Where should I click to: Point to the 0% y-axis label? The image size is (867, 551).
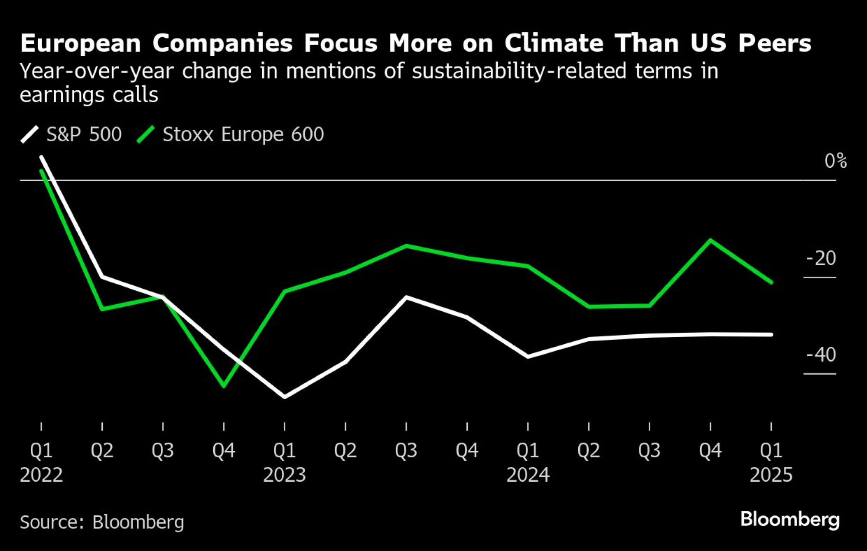click(x=835, y=161)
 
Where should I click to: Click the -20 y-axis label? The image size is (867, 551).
click(x=821, y=258)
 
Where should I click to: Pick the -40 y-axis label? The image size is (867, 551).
click(x=821, y=355)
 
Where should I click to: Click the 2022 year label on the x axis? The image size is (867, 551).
click(x=42, y=475)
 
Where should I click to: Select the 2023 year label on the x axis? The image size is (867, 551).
click(x=284, y=475)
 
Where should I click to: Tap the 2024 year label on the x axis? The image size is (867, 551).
click(x=528, y=475)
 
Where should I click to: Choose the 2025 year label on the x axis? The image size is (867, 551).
click(x=771, y=475)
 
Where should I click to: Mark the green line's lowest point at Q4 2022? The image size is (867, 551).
click(x=224, y=386)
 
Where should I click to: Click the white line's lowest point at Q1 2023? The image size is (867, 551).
click(x=284, y=397)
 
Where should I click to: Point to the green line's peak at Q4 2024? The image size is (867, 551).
click(x=710, y=240)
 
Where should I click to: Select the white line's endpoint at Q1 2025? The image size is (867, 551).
click(x=771, y=334)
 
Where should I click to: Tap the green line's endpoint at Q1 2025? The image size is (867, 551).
click(x=771, y=282)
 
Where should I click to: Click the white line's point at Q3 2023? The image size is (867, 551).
click(x=406, y=297)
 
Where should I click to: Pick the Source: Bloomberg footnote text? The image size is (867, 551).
click(x=102, y=522)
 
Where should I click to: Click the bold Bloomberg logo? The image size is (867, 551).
click(x=790, y=519)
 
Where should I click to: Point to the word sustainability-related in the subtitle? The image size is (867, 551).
click(x=519, y=72)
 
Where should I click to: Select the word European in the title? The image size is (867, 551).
click(x=81, y=43)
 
